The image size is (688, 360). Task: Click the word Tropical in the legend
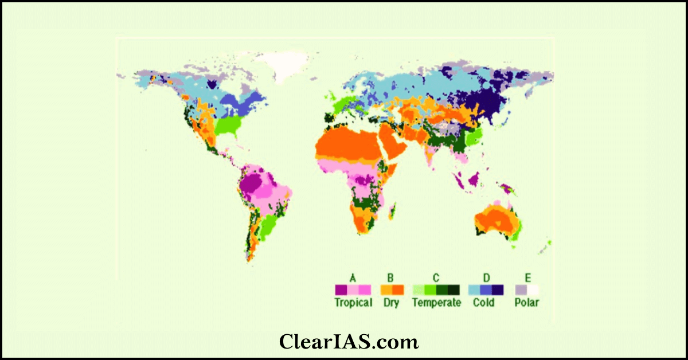[353, 303]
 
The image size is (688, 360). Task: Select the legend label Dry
[392, 303]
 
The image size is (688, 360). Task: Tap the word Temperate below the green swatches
[436, 303]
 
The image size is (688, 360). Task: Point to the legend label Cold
[484, 303]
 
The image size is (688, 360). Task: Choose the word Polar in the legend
[527, 303]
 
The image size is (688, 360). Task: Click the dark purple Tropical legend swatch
[341, 290]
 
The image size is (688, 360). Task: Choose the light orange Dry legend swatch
[385, 290]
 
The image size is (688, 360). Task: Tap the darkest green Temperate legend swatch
[454, 290]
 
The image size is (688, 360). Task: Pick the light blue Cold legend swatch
[474, 290]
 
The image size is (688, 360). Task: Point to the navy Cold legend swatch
[498, 290]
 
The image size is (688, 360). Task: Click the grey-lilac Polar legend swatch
[521, 290]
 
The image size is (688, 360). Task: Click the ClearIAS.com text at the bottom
[349, 342]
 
